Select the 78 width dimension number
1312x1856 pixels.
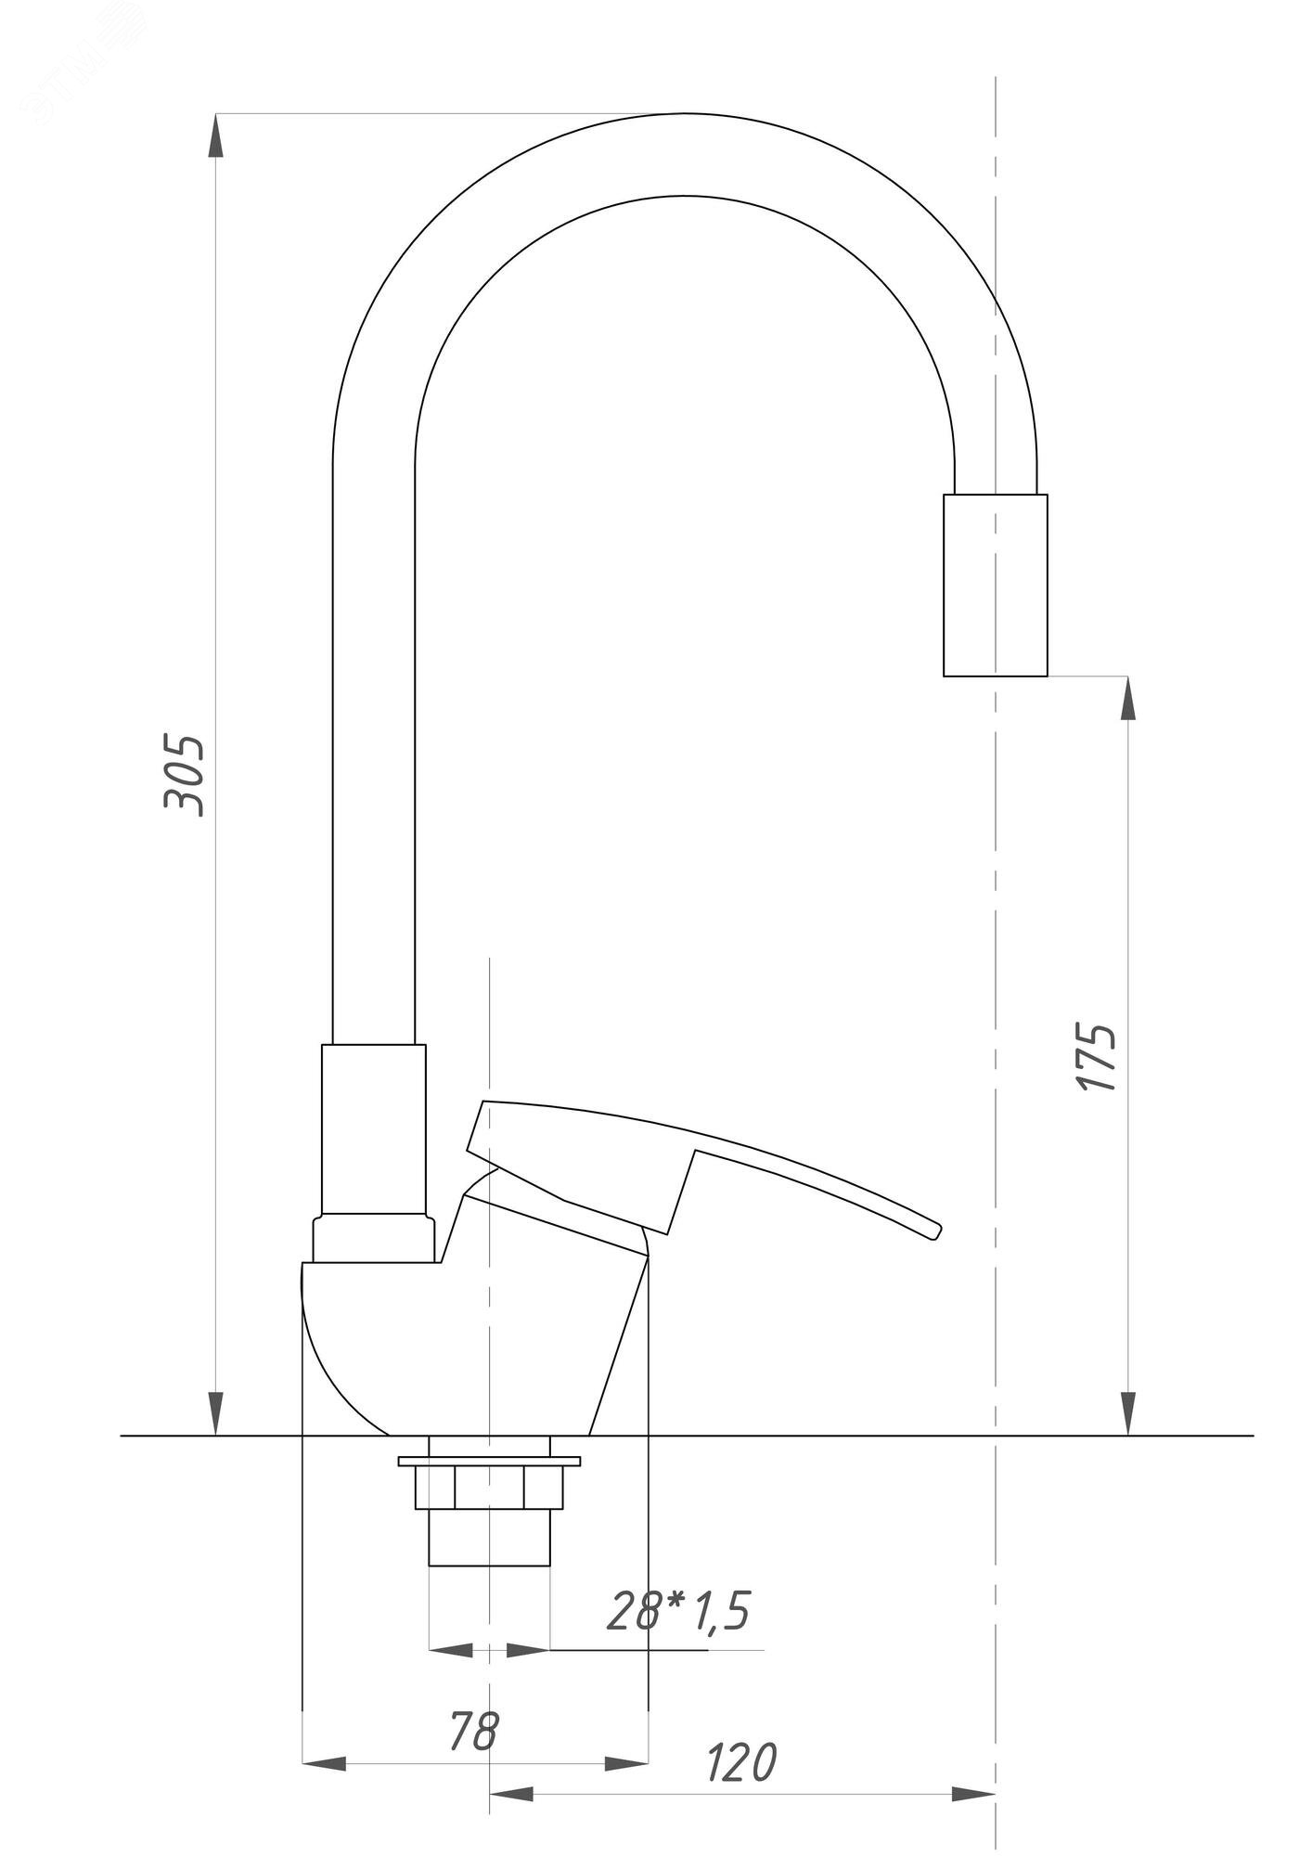click(x=474, y=1705)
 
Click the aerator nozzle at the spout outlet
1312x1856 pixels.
click(x=996, y=585)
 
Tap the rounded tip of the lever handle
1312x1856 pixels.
click(x=937, y=1231)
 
